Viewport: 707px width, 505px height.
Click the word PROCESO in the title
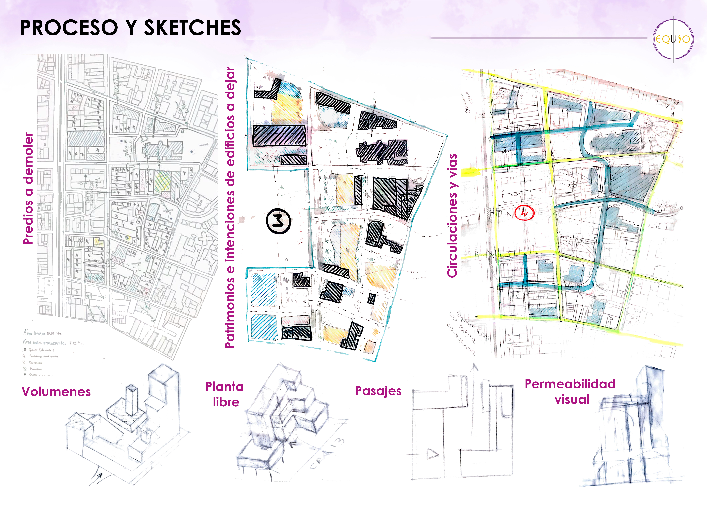click(x=69, y=28)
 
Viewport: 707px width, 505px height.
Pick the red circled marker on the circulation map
click(x=524, y=213)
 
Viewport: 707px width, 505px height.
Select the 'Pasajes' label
click(x=378, y=391)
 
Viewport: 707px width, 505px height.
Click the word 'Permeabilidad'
click(x=570, y=384)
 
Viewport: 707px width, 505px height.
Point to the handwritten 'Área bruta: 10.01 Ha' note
click(x=43, y=333)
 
